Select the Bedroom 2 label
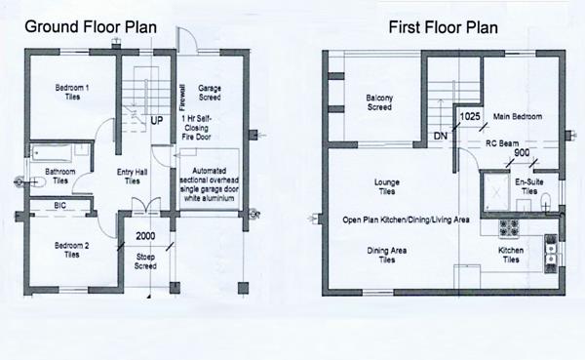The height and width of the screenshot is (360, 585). point(65,250)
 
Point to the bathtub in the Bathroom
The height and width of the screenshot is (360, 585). point(52,154)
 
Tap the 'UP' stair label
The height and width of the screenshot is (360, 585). point(156,122)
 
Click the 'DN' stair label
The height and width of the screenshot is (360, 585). point(440,135)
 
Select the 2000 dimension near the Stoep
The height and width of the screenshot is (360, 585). point(145,237)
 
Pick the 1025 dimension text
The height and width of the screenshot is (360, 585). point(470,117)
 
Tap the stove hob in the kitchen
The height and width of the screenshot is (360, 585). point(511,229)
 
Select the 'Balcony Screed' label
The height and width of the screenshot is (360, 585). point(379,102)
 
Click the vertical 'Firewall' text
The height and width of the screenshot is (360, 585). point(182,97)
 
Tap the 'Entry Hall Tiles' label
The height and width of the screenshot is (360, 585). point(132,178)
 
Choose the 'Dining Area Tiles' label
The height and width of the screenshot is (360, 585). point(387,257)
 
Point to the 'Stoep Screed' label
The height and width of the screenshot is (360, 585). point(144,261)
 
